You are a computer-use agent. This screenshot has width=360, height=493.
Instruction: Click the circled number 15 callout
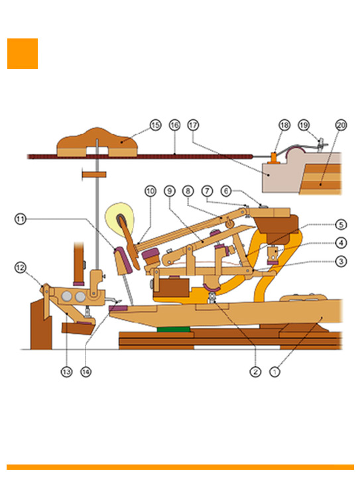(x=155, y=125)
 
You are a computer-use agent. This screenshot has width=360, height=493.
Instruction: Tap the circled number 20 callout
(x=341, y=125)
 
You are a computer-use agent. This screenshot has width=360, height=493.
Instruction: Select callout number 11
(x=21, y=219)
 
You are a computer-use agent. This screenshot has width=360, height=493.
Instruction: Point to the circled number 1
(x=274, y=372)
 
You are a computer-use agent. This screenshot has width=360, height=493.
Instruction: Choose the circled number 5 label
(x=341, y=225)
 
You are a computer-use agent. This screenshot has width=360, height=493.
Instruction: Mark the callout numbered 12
(x=21, y=268)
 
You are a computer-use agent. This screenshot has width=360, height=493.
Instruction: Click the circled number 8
(x=188, y=191)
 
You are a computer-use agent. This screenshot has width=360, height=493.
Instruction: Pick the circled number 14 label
(x=86, y=372)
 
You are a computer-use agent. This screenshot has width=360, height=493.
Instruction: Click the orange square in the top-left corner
(x=23, y=54)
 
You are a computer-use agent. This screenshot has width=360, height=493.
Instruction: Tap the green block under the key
(x=174, y=329)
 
